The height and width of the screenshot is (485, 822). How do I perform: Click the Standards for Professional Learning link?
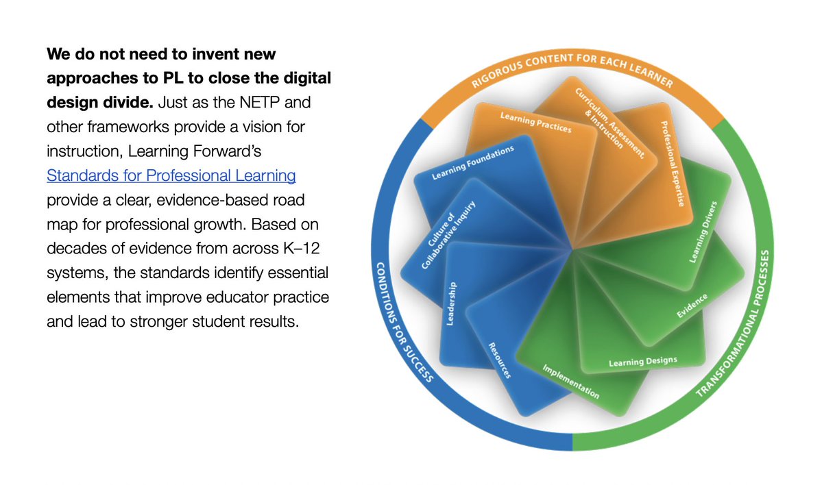click(171, 175)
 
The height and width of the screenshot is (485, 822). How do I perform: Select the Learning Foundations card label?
click(472, 163)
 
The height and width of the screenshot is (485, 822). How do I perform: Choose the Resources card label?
click(499, 360)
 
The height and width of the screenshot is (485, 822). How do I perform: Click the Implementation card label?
click(571, 382)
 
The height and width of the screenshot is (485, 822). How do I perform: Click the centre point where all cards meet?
click(572, 251)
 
